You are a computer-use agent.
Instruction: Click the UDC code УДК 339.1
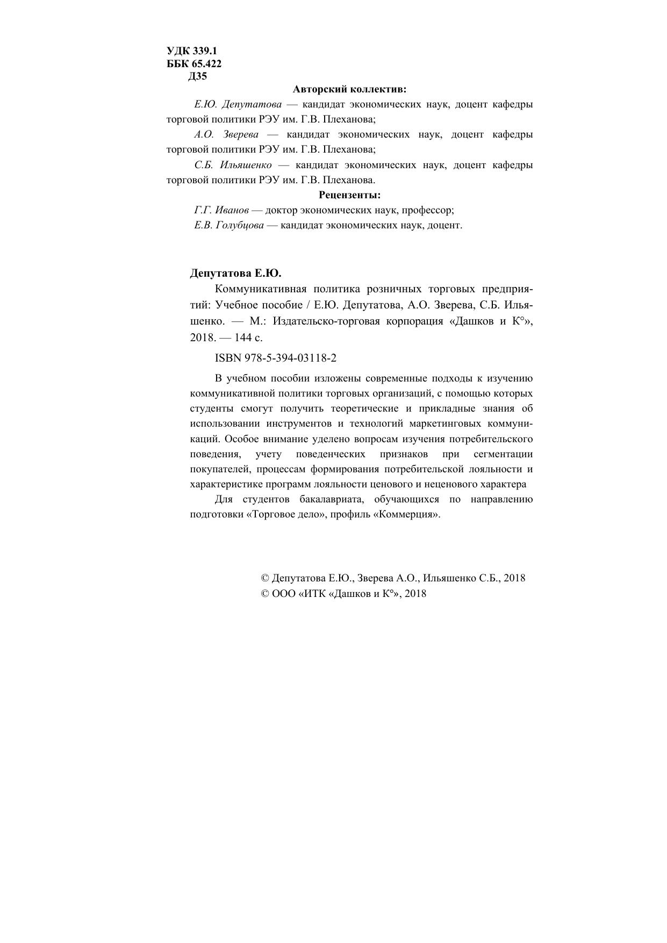(x=192, y=51)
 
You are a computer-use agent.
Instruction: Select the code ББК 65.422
(x=194, y=63)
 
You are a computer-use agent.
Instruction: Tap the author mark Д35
(x=197, y=76)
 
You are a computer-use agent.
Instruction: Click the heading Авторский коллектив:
(x=350, y=89)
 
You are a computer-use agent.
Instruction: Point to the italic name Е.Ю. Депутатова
(x=238, y=104)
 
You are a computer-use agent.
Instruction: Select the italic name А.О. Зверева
(x=227, y=134)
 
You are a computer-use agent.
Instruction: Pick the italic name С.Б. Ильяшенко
(x=233, y=165)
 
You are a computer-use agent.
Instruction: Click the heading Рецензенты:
(x=350, y=195)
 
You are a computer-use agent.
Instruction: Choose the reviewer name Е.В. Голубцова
(x=229, y=225)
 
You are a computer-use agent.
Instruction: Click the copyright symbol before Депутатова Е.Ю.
(x=264, y=578)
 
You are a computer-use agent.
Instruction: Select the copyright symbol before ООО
(x=264, y=594)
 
